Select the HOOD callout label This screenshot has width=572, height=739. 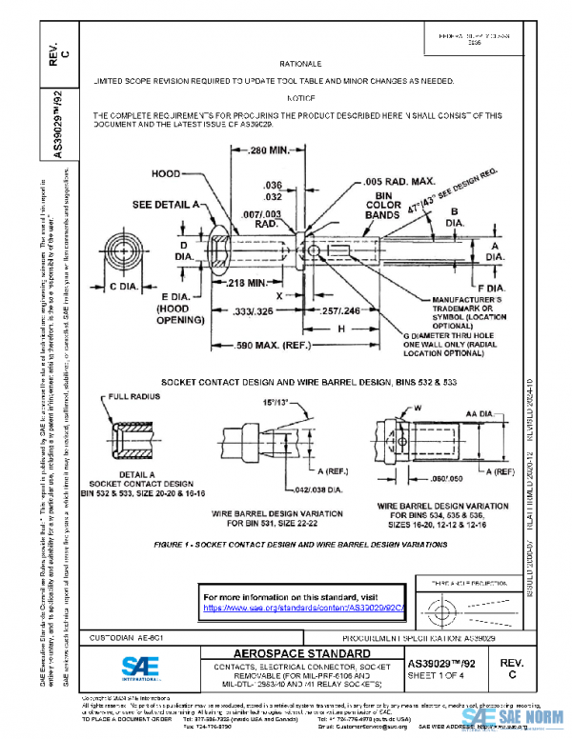click(x=167, y=174)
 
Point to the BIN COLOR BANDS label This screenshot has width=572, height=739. click(x=387, y=204)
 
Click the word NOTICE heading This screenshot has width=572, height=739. click(x=299, y=98)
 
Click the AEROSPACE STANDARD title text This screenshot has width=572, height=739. click(x=289, y=653)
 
